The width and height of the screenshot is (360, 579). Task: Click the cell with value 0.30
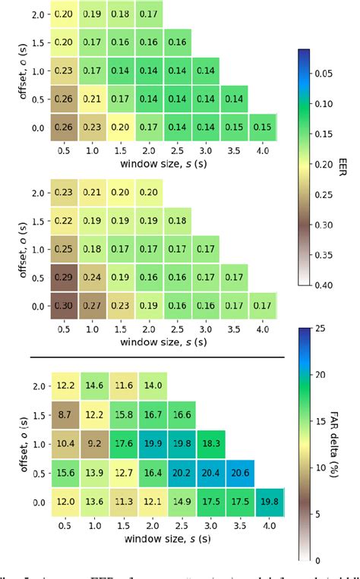tap(65, 306)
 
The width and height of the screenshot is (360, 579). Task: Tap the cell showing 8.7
tap(65, 415)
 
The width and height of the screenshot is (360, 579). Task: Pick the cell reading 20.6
tap(239, 472)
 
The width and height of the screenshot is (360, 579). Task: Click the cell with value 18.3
tap(210, 443)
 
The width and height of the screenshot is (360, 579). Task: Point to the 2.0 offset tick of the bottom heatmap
tap(38, 386)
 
